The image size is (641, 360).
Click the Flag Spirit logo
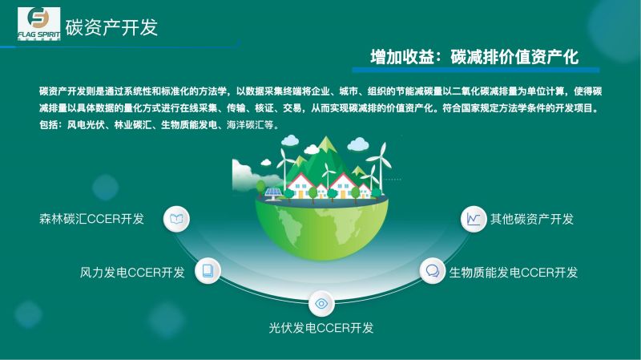coord(38,24)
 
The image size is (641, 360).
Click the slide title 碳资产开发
coord(111,27)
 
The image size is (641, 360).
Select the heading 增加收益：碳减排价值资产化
coord(474,57)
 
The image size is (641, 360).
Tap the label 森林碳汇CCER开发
coord(91,219)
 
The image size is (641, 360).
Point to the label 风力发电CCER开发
coord(132,272)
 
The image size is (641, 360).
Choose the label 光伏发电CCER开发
coord(321,328)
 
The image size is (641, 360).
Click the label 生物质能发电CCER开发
coord(514,272)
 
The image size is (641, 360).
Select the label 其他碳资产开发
coord(532,219)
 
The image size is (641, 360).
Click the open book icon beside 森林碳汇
coord(176,219)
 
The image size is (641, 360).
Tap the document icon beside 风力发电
coord(208,270)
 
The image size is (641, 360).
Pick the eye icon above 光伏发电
coord(321,304)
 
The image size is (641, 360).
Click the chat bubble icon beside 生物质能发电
coord(433,270)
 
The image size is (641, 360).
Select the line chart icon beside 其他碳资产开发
coord(474,219)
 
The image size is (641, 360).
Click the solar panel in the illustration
coord(272,193)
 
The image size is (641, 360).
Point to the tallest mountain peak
coord(327,141)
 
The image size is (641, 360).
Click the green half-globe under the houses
coord(322,229)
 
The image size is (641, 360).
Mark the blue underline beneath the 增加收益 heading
coord(475,70)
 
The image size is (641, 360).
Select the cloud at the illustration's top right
coord(357,144)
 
